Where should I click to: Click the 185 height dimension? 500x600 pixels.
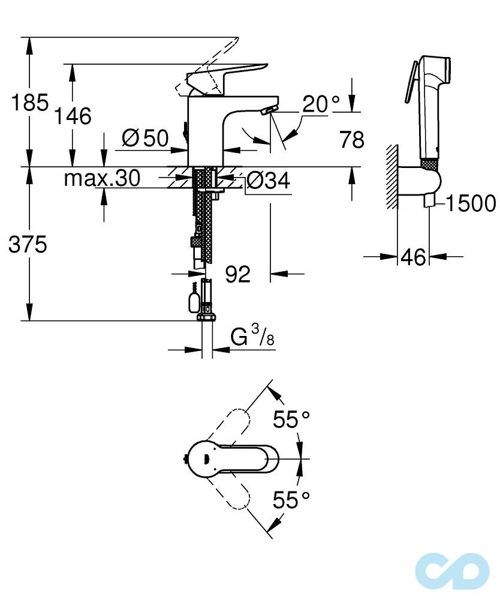point(30,102)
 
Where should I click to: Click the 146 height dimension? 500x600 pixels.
point(73,116)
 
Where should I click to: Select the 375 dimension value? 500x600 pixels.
point(28,244)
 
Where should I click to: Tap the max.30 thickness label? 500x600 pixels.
point(102,178)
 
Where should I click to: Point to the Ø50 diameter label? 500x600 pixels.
point(145,138)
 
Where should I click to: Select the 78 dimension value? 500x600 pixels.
point(352,139)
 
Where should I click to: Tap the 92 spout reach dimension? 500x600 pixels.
point(238,274)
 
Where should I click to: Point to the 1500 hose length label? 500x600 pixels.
point(471,203)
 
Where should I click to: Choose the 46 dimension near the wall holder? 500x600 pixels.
point(413,257)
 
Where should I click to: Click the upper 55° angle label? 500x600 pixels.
point(291,419)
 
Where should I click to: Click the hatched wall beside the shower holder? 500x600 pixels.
point(392,177)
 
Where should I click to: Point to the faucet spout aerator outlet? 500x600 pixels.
point(269,110)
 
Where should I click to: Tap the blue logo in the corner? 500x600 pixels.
point(452,571)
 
